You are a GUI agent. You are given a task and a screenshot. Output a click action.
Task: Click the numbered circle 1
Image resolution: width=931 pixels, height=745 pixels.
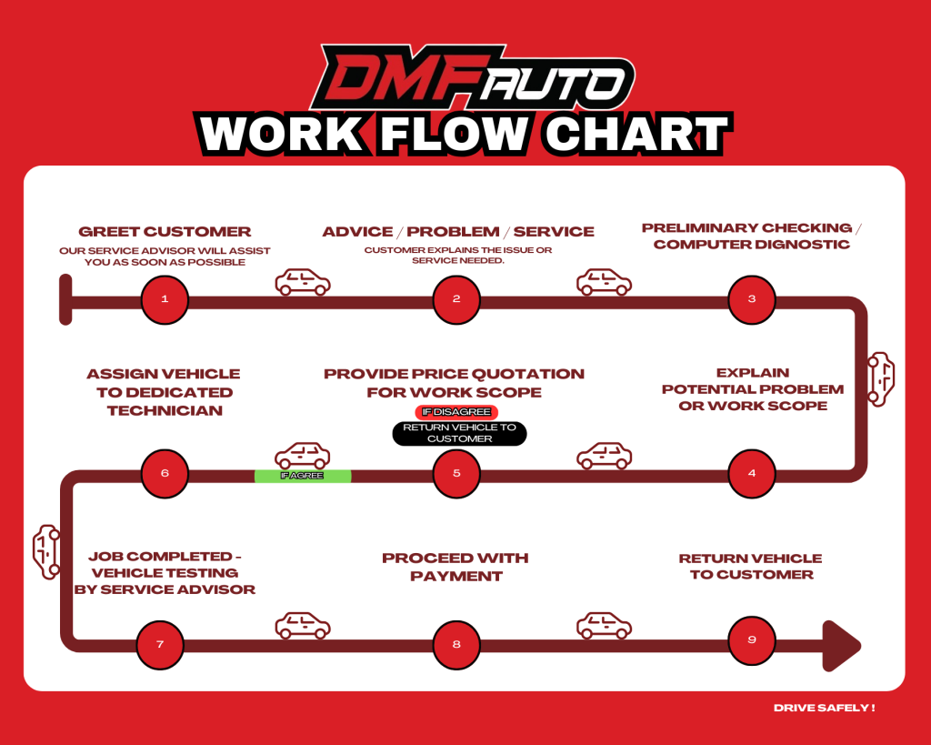(165, 299)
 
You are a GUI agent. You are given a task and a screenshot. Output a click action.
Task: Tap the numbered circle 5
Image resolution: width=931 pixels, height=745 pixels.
(456, 473)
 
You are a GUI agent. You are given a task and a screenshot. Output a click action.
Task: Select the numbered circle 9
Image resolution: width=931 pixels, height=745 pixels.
(752, 640)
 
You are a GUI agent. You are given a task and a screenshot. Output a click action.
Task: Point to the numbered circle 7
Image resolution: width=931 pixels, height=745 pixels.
(160, 645)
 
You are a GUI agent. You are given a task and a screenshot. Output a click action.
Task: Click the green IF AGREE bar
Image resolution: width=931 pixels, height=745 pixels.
(302, 476)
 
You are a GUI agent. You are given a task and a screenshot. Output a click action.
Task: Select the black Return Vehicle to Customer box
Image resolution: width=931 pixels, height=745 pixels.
(459, 433)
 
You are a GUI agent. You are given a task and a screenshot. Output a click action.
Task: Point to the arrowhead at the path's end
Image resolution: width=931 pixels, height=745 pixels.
(840, 645)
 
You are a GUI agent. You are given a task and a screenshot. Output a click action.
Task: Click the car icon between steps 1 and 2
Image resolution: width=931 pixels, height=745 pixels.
(303, 282)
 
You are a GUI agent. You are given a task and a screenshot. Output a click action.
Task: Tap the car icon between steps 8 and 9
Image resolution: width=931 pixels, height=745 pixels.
(604, 626)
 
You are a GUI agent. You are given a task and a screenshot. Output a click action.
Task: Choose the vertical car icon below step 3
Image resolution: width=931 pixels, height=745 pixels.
(881, 378)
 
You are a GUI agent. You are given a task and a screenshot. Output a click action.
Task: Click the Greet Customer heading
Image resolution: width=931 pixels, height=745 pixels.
(165, 231)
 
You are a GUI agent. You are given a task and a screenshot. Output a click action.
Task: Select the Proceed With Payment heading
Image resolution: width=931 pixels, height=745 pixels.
(455, 567)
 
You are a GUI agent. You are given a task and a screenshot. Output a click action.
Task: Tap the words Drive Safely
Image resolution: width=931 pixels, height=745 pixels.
(824, 708)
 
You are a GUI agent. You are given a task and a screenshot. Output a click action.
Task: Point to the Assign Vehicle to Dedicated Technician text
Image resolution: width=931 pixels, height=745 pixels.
(164, 392)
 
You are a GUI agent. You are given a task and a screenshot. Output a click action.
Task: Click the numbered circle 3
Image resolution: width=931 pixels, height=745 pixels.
(752, 299)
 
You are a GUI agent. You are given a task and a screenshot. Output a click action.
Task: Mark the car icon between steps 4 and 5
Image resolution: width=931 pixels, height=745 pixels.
(604, 456)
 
